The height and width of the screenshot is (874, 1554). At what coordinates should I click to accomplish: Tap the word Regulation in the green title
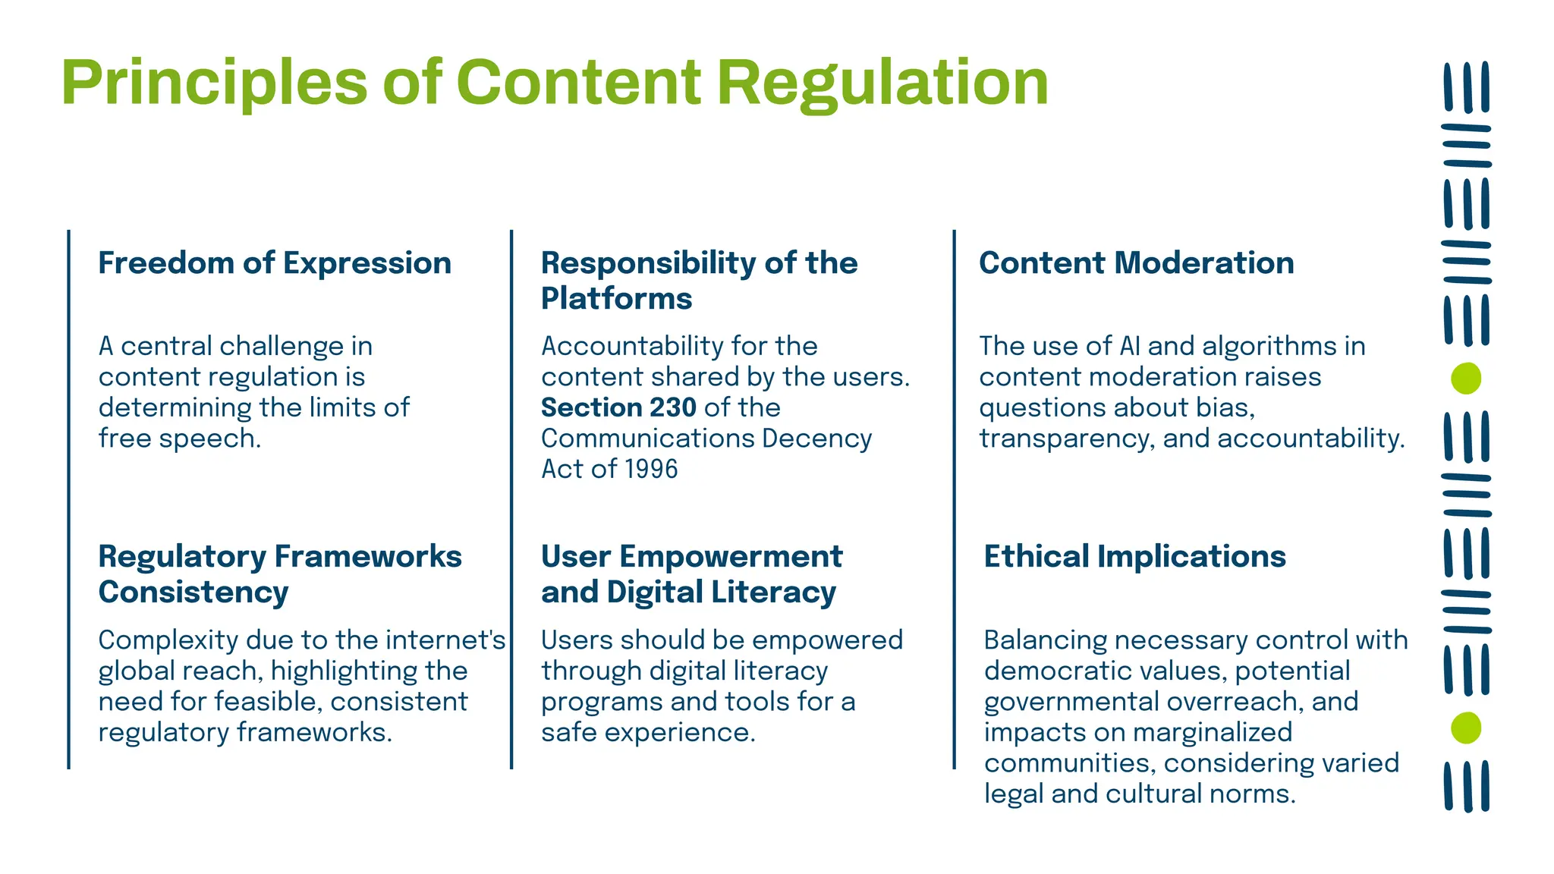882,83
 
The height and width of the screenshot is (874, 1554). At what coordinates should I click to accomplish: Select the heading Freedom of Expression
275,263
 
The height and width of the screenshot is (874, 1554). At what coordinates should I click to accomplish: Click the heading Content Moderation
1136,263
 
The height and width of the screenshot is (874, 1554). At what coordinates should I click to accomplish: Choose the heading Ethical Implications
1134,557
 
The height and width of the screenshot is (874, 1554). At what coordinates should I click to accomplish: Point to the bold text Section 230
618,408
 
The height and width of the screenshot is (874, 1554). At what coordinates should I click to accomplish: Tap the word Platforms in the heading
616,299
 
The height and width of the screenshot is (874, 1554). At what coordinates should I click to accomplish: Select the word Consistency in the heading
193,593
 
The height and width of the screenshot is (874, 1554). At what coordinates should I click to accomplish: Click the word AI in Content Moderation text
1129,347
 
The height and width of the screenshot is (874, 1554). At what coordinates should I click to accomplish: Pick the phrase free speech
179,439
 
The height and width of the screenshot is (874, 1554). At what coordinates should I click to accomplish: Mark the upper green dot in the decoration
1465,379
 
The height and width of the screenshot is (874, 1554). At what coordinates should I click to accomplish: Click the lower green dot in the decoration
1465,728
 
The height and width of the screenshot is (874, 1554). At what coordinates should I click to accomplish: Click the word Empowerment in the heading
731,557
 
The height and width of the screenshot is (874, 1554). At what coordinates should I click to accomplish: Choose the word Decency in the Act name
816,439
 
